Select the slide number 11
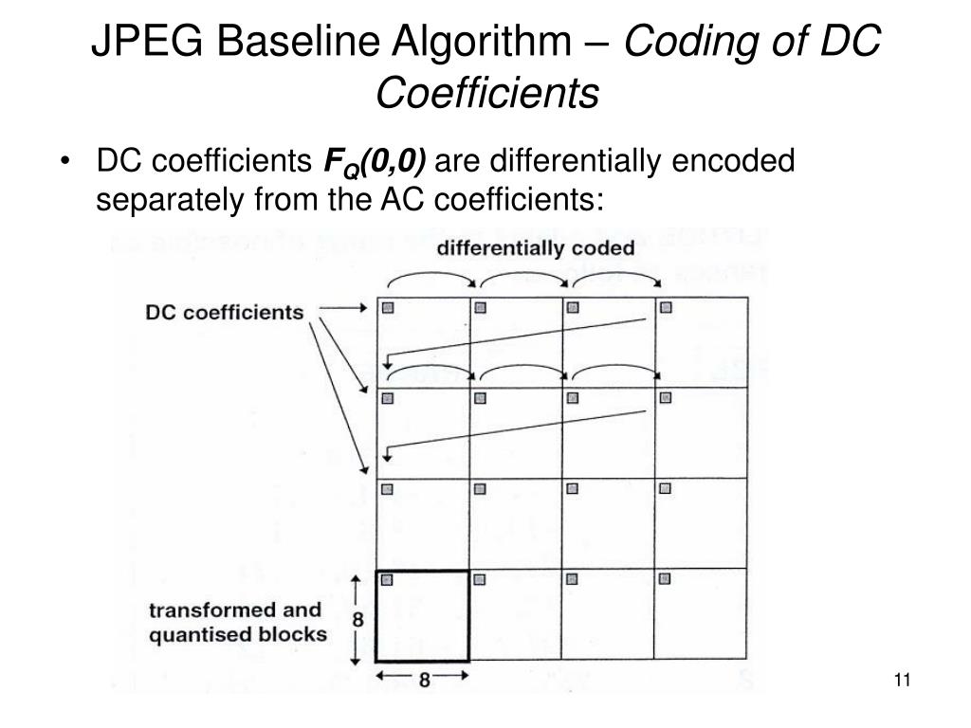pos(902,680)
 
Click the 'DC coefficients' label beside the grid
pos(225,312)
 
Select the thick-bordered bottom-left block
pos(423,616)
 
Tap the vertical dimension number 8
pos(358,619)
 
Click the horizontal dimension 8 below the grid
pos(423,680)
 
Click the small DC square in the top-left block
pos(388,307)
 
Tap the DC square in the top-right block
pos(665,307)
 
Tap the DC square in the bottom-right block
pos(665,579)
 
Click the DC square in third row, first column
pos(388,489)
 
